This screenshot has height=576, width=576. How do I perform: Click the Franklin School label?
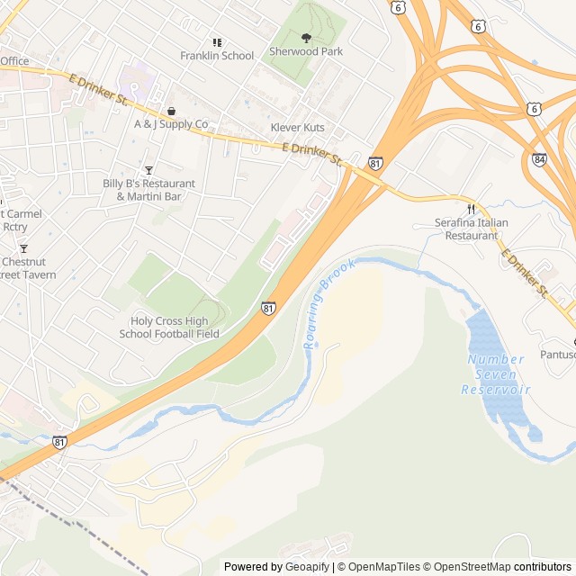point(217,56)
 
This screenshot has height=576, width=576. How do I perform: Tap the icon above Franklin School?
point(217,41)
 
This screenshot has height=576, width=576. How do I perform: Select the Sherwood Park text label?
point(306,52)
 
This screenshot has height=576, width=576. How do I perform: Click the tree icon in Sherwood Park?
point(306,38)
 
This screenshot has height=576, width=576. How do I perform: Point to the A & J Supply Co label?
point(171,124)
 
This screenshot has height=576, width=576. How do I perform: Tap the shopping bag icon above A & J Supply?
point(171,111)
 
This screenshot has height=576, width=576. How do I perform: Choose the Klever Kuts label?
point(298,128)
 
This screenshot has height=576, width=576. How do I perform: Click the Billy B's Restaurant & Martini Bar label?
point(148,190)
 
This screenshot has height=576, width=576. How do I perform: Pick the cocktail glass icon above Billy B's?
point(149,170)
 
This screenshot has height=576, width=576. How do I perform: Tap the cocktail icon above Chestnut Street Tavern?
point(23,248)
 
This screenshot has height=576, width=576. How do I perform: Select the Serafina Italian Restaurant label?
point(466,229)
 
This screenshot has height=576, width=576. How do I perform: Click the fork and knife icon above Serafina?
point(470,208)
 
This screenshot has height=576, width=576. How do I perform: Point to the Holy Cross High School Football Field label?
point(169,328)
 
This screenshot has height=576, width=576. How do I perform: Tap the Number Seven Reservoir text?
point(496,374)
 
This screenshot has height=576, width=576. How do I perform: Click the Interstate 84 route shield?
point(538,159)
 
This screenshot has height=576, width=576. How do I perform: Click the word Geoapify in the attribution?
point(307,567)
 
